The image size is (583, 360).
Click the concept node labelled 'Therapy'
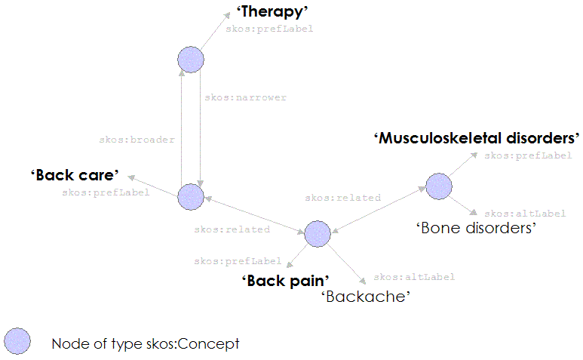pyautogui.click(x=191, y=60)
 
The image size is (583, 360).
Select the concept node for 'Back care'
pyautogui.click(x=191, y=196)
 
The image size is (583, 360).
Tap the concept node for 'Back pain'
pyautogui.click(x=318, y=234)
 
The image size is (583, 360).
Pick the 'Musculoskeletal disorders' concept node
pyautogui.click(x=438, y=186)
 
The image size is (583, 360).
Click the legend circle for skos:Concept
pyautogui.click(x=17, y=342)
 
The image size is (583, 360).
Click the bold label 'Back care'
pyautogui.click(x=75, y=176)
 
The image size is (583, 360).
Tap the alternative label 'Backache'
pyautogui.click(x=366, y=297)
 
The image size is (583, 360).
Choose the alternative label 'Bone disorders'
pyautogui.click(x=475, y=228)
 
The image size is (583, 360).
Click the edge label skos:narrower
pyautogui.click(x=245, y=98)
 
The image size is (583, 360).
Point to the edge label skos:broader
pyautogui.click(x=137, y=140)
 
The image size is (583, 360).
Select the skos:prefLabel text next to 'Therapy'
pyautogui.click(x=269, y=29)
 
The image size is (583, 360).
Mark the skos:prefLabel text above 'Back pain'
pyautogui.click(x=238, y=261)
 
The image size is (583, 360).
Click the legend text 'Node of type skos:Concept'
pyautogui.click(x=145, y=344)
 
